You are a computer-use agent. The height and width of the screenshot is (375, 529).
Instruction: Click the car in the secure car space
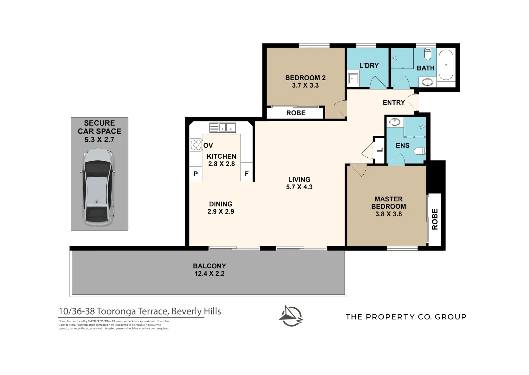98,187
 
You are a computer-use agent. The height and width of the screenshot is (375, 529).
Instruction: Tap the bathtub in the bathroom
446,65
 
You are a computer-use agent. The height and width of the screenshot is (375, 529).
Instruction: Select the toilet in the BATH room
428,54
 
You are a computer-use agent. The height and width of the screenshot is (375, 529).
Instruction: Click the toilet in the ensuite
420,151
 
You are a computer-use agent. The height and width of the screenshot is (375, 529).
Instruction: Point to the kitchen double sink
223,127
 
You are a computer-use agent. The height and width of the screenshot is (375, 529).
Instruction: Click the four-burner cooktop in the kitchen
196,145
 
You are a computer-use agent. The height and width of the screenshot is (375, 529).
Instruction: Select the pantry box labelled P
196,174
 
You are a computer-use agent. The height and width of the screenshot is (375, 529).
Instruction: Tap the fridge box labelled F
246,174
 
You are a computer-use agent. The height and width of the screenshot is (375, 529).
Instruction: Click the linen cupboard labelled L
380,150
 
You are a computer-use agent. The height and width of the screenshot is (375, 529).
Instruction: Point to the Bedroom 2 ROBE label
296,113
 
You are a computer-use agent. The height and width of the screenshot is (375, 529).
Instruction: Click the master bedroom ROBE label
435,219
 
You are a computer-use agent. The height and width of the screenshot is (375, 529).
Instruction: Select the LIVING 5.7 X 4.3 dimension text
299,187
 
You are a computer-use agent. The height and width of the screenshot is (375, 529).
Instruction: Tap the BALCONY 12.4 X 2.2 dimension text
209,273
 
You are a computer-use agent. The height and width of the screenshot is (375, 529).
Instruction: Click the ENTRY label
393,102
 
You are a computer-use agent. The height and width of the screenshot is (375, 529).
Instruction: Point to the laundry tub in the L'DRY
353,78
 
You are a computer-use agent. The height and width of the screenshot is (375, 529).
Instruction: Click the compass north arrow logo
291,316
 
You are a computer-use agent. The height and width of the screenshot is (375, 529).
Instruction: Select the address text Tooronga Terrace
140,311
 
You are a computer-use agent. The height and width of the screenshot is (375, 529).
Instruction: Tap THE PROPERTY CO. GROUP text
406,317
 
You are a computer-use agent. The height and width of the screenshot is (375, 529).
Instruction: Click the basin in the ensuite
394,122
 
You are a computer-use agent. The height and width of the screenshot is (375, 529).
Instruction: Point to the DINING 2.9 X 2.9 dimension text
221,211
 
